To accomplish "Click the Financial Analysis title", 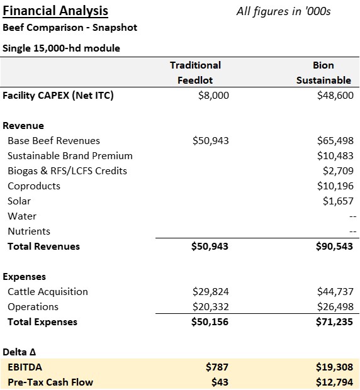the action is [x=55, y=11].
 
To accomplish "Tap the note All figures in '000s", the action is [x=283, y=11].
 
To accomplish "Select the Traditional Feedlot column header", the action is [x=195, y=72].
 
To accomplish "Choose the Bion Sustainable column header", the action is [x=323, y=72].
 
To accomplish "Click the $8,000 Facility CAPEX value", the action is [x=213, y=95].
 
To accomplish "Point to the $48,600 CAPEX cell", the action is [x=335, y=95].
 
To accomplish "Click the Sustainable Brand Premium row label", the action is [x=70, y=156].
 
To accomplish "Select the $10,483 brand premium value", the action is [x=335, y=156].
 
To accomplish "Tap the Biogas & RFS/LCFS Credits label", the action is [x=67, y=171].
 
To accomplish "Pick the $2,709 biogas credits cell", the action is [x=338, y=171].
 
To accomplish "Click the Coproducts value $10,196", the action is [x=335, y=186].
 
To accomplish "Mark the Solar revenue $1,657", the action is [x=338, y=201].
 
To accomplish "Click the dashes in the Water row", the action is [x=353, y=216].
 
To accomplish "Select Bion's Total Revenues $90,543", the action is [x=334, y=246].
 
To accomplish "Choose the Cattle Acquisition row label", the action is [x=48, y=291].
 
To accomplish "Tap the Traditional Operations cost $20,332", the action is [x=210, y=307].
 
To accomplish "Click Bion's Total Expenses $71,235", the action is [x=334, y=322].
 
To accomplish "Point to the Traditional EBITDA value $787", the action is [x=217, y=367].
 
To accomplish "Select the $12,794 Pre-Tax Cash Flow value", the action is [x=334, y=382].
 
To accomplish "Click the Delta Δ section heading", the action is [x=19, y=352].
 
